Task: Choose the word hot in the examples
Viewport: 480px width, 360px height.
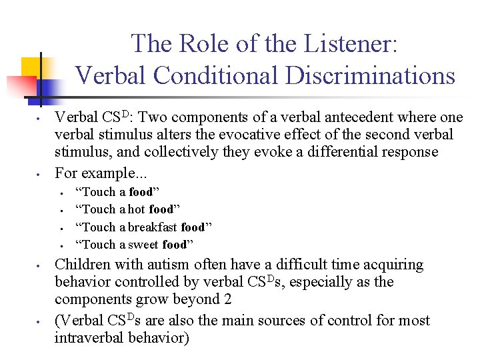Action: [x=137, y=210]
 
